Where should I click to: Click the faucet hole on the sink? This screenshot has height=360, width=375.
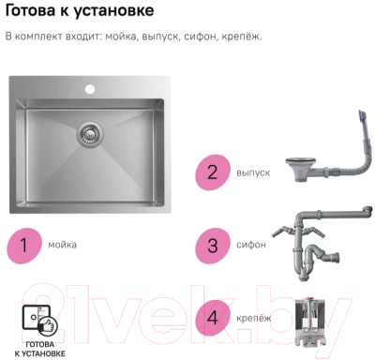(x=90, y=89)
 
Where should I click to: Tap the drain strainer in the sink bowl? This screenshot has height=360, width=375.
(x=89, y=134)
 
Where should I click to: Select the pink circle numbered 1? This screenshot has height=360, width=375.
(x=24, y=245)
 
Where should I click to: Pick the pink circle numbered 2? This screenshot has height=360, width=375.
(x=213, y=172)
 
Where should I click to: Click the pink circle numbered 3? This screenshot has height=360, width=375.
(x=213, y=245)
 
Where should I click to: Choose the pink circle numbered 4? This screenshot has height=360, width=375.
(x=213, y=318)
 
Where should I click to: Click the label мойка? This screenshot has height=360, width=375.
(x=62, y=245)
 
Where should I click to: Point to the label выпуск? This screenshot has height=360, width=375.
(x=253, y=172)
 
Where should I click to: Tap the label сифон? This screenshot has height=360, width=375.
(x=251, y=245)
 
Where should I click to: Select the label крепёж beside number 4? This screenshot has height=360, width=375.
(x=254, y=318)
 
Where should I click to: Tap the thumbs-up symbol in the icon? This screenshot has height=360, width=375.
(x=48, y=325)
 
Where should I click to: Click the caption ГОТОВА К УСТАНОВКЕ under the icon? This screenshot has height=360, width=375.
(x=40, y=349)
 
